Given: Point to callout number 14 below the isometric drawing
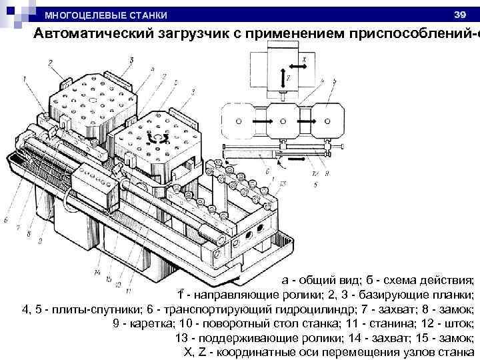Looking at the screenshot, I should click(98, 273).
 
